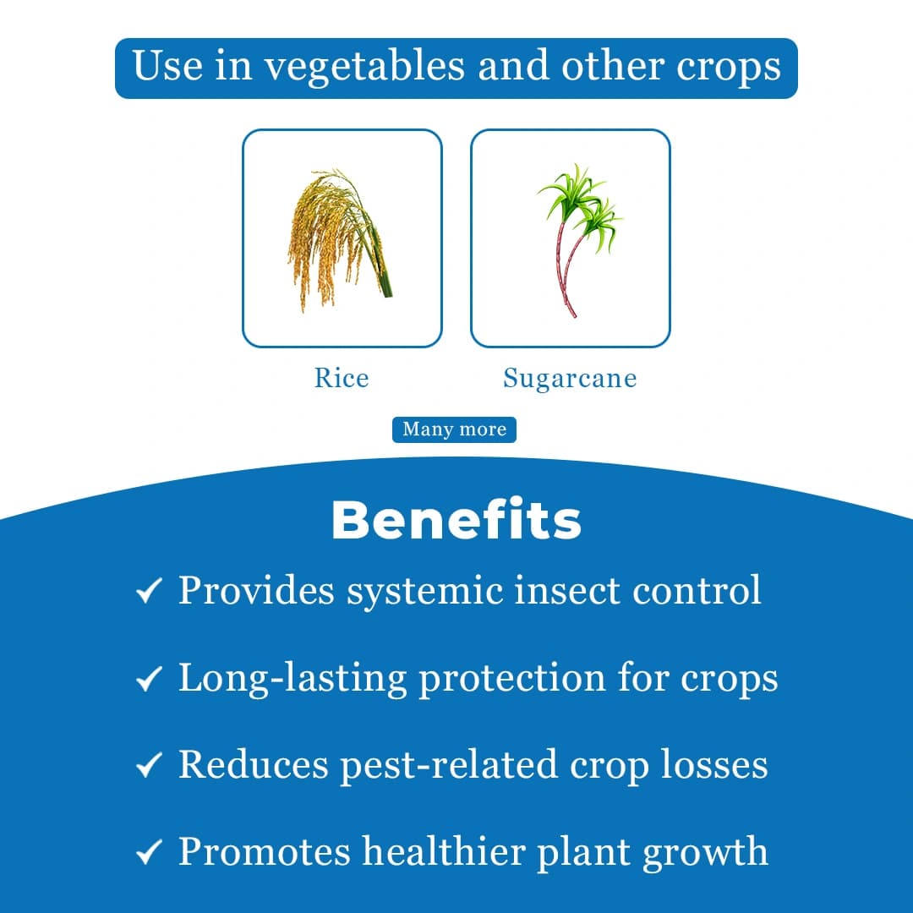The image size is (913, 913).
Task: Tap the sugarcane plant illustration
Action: tap(575, 238)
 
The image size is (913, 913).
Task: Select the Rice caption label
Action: tap(342, 377)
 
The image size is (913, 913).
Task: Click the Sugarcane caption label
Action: tap(570, 378)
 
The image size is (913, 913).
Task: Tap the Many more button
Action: tap(454, 429)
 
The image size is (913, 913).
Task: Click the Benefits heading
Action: tap(456, 521)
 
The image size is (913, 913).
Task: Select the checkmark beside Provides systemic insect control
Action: tap(149, 591)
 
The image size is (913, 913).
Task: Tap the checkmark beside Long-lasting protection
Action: tap(149, 679)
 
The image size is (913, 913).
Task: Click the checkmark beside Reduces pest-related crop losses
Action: tap(149, 766)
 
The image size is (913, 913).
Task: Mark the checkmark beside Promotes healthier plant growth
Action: tap(149, 853)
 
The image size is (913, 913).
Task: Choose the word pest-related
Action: tap(449, 765)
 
